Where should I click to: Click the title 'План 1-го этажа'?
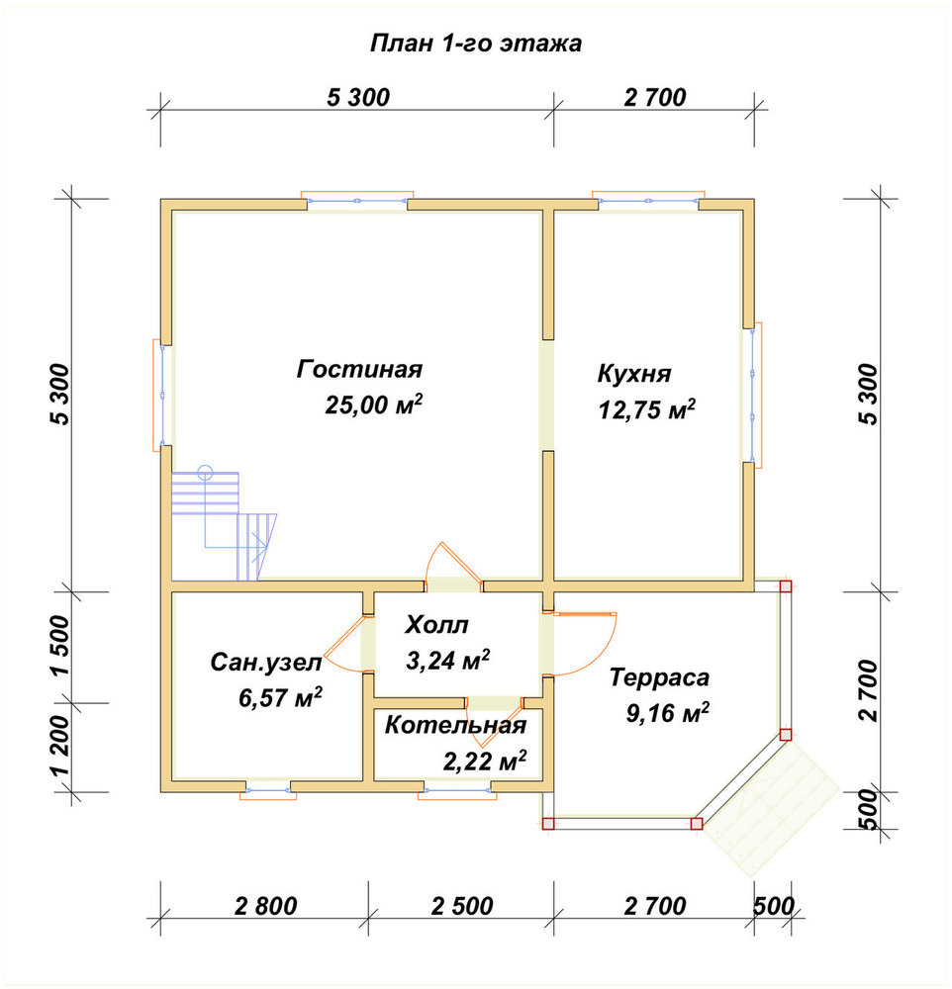(x=475, y=44)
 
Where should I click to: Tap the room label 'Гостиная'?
(x=359, y=369)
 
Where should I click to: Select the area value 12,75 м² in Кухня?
(x=646, y=409)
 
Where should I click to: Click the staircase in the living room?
(x=223, y=526)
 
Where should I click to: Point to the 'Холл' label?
(x=436, y=624)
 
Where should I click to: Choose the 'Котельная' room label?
(x=455, y=725)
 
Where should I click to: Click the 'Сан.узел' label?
(x=266, y=663)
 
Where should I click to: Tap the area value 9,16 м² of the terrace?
(x=667, y=713)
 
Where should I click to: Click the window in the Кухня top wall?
(x=648, y=200)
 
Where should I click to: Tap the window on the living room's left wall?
(x=162, y=396)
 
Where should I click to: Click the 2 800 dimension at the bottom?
(x=265, y=906)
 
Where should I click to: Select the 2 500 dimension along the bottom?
(x=462, y=906)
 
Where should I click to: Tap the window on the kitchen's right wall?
(x=752, y=395)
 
